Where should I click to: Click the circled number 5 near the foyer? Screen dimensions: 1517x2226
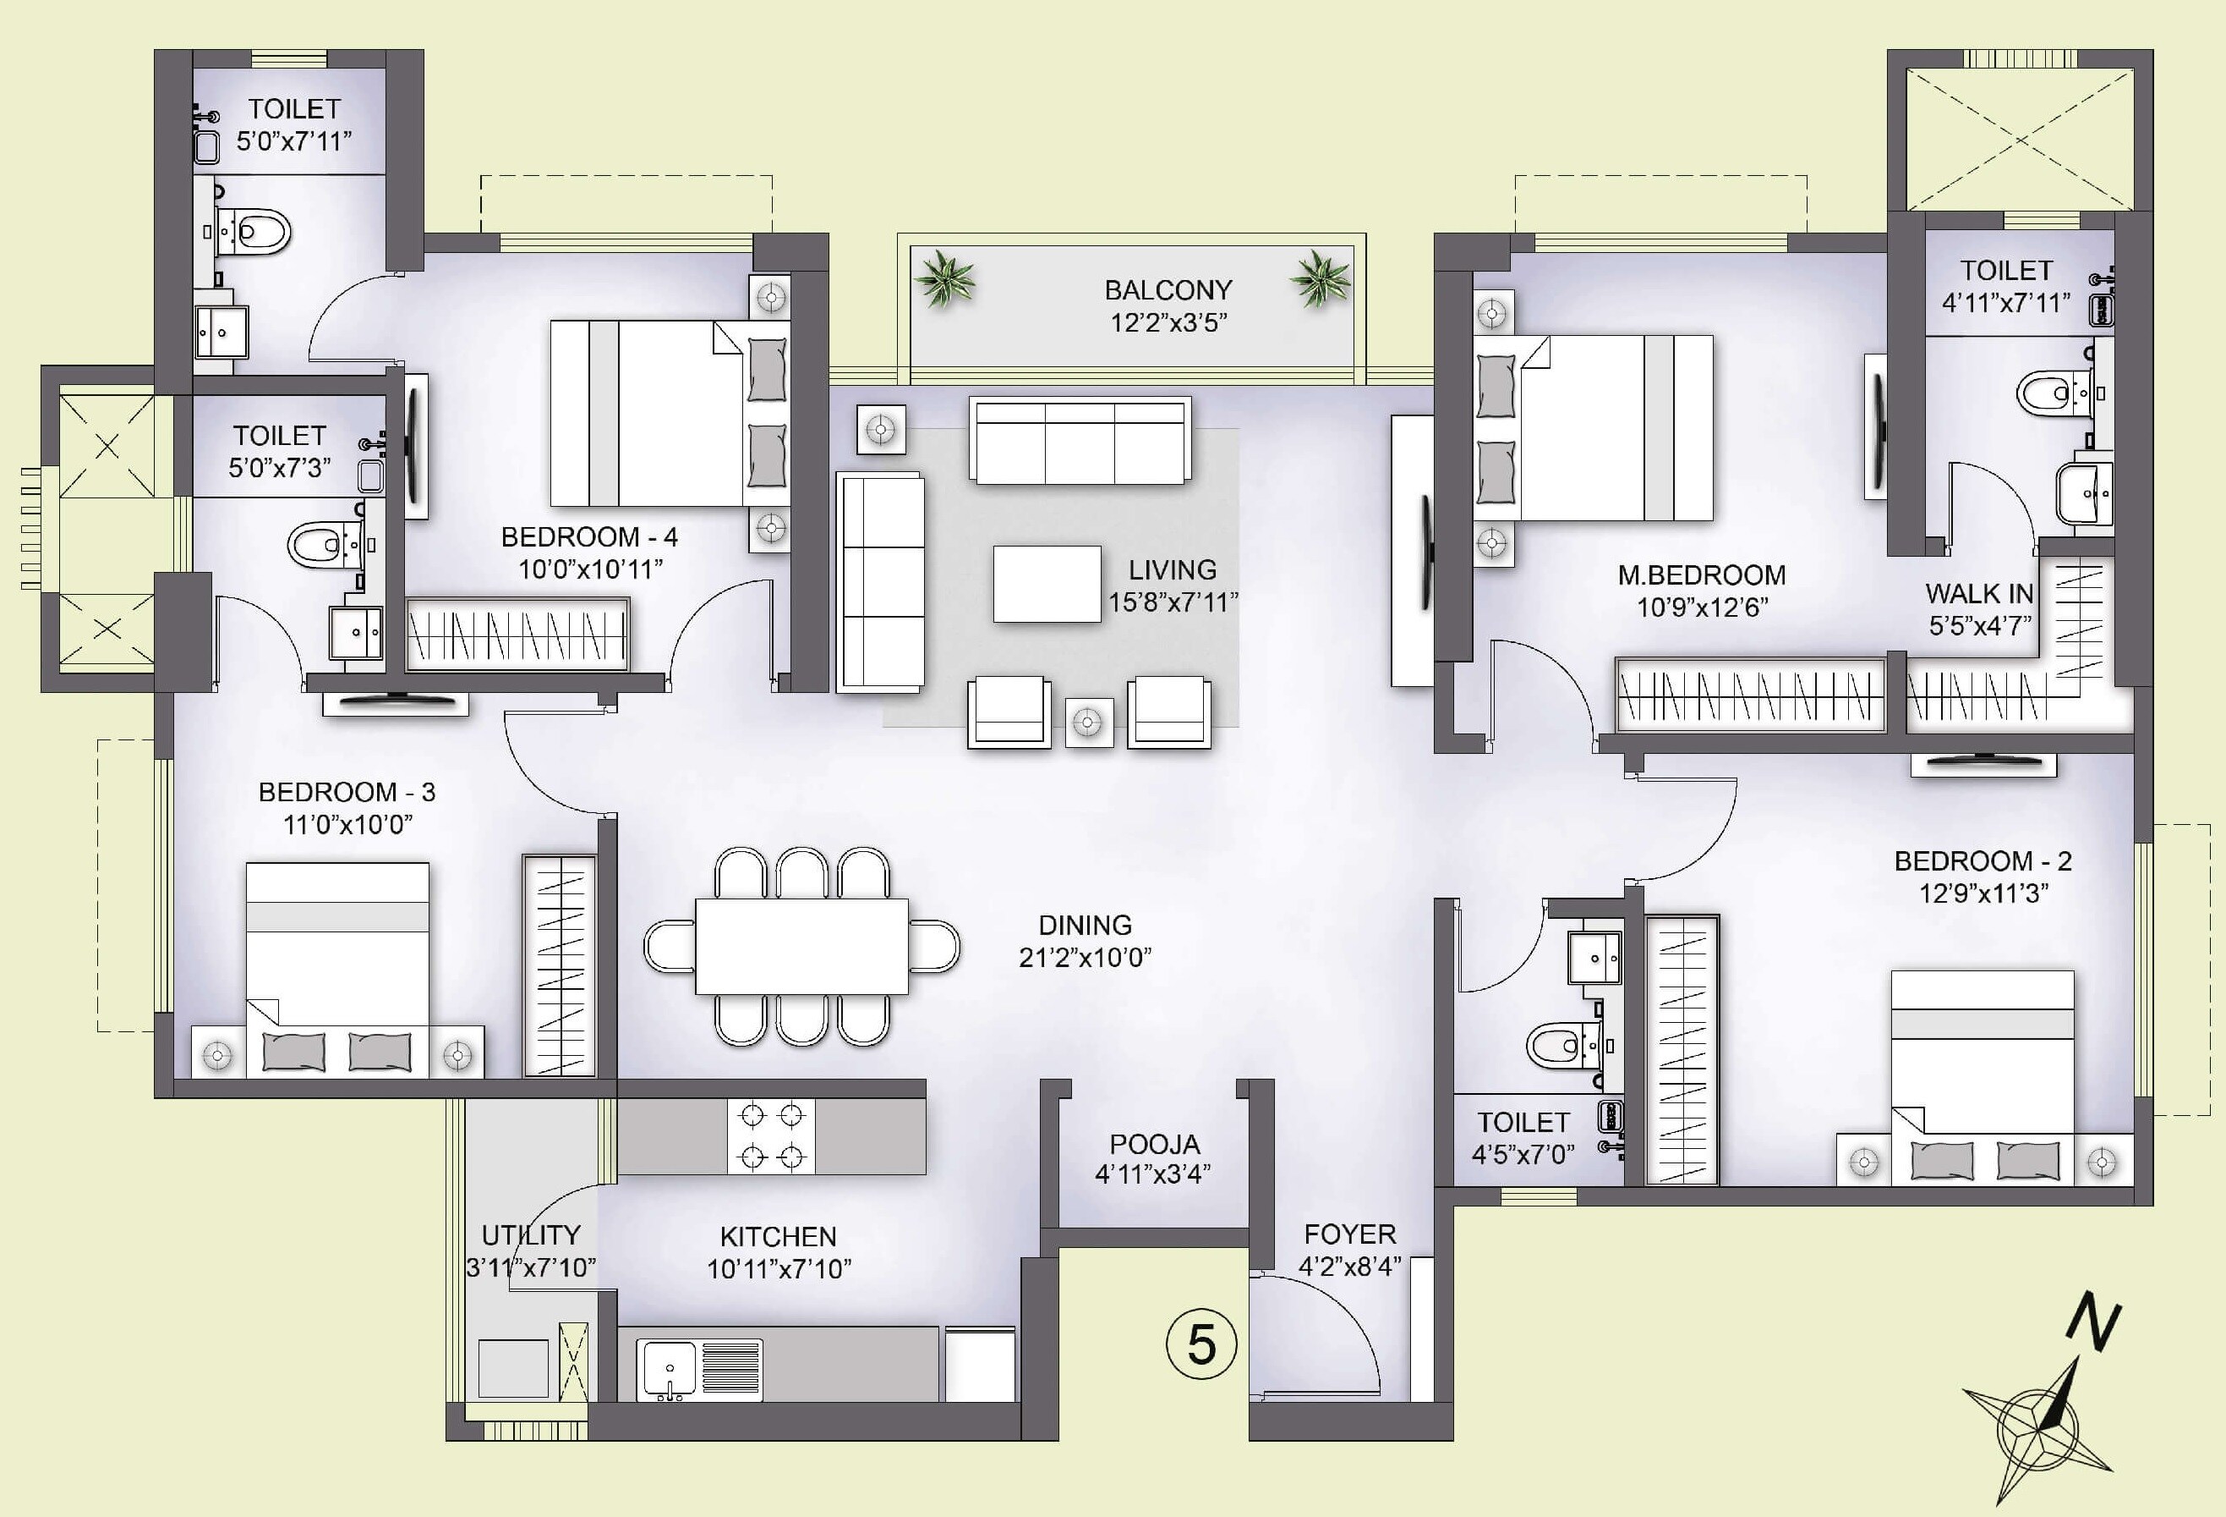tap(1201, 1344)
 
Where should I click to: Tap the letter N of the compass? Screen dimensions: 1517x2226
tap(2094, 1322)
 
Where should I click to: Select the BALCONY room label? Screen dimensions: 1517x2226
tap(1168, 289)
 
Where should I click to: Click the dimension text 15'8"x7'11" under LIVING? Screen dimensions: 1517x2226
tap(1173, 602)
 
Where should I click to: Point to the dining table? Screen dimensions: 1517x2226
tap(801, 946)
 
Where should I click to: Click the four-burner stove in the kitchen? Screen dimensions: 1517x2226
tap(771, 1136)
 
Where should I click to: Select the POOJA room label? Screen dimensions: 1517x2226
tap(1154, 1144)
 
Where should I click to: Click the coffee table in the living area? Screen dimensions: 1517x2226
tap(1046, 584)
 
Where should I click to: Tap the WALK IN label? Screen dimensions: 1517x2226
tap(1979, 594)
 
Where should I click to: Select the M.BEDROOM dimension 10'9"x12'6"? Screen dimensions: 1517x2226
tap(1701, 607)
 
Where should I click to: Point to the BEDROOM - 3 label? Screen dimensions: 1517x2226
tap(347, 793)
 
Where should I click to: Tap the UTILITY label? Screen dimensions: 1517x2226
tap(531, 1234)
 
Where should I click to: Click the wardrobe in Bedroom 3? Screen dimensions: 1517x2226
tap(560, 966)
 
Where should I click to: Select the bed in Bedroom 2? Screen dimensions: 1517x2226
tap(1983, 1064)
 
